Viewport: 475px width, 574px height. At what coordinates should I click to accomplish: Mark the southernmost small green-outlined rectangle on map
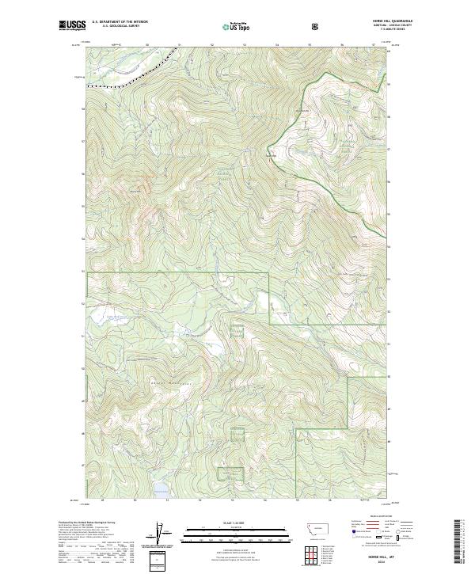point(231,473)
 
